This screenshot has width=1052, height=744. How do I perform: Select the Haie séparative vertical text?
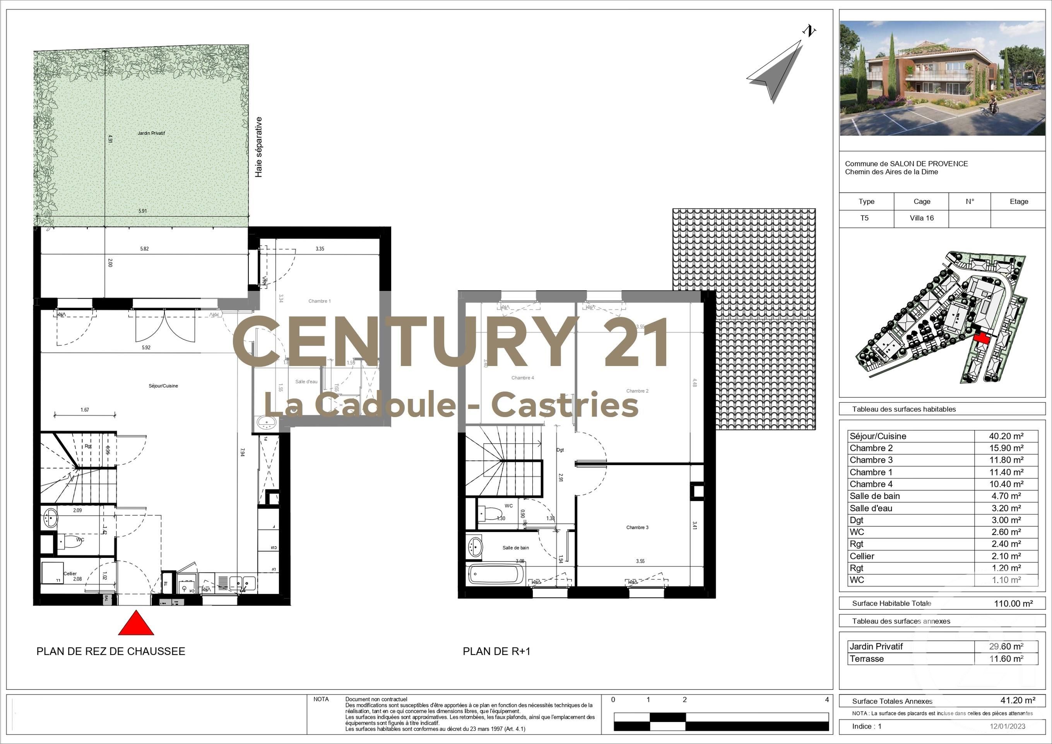(x=259, y=147)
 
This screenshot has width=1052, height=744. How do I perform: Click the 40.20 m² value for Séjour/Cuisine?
(x=1006, y=436)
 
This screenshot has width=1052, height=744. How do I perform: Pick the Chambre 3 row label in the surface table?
(x=871, y=460)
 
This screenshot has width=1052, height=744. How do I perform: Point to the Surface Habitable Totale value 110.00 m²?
(x=1013, y=603)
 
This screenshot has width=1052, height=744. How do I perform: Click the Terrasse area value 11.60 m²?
(x=1006, y=659)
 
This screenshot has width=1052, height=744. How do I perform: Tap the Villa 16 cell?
(x=921, y=218)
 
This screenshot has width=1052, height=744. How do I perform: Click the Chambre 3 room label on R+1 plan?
(x=637, y=527)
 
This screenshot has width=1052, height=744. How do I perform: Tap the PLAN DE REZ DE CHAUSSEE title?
(x=111, y=652)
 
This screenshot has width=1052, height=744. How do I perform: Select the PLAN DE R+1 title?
(x=496, y=652)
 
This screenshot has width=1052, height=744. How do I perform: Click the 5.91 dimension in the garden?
(x=142, y=211)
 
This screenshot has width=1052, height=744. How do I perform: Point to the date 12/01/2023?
(x=1008, y=726)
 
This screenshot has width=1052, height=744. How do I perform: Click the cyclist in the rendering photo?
(x=992, y=105)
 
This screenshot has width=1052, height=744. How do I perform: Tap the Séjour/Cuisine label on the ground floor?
(x=163, y=386)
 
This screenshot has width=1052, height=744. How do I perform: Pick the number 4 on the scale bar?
(x=826, y=700)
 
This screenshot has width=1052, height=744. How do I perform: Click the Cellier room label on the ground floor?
(x=70, y=574)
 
